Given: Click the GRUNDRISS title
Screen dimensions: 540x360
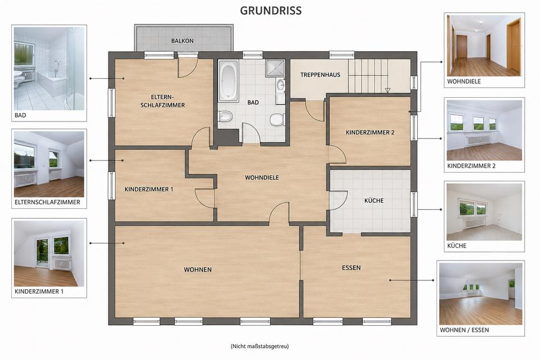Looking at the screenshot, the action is pos(271,11).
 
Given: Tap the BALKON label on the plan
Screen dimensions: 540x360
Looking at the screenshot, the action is pos(182,40).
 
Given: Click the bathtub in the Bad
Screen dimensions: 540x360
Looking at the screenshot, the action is pos(228,81).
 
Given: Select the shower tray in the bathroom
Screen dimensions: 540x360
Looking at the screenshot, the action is pos(275,69).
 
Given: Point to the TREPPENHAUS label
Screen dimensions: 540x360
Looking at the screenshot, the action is pos(320,75).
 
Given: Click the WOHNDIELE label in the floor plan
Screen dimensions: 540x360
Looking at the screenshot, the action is pos(262,178).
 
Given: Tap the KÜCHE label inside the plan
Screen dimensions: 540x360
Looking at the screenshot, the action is pos(374,200).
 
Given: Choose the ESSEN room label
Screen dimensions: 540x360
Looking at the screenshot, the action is pos(351,268).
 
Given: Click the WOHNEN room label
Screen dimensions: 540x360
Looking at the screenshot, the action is pos(197,269).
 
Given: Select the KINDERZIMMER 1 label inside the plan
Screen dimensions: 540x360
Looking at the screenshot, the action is pos(148,189).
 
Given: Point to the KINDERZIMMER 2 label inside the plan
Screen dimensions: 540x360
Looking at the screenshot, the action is pos(370,132).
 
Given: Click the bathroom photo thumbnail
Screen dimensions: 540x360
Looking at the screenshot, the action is pos(49,69).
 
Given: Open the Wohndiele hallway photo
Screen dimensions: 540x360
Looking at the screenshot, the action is pos(484,46).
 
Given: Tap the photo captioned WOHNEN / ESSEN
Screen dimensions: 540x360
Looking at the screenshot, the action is pos(481,294).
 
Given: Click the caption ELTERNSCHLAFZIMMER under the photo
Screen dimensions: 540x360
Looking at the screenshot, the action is pos(47,202).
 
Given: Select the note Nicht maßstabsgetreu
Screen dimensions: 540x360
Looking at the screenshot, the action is pos(260,346).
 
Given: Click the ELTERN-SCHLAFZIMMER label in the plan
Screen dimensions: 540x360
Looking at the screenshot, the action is pos(163,101).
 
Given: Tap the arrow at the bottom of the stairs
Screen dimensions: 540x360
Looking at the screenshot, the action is pos(388,90).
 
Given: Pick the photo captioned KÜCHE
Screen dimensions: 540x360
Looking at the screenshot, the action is pos(484,212).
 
